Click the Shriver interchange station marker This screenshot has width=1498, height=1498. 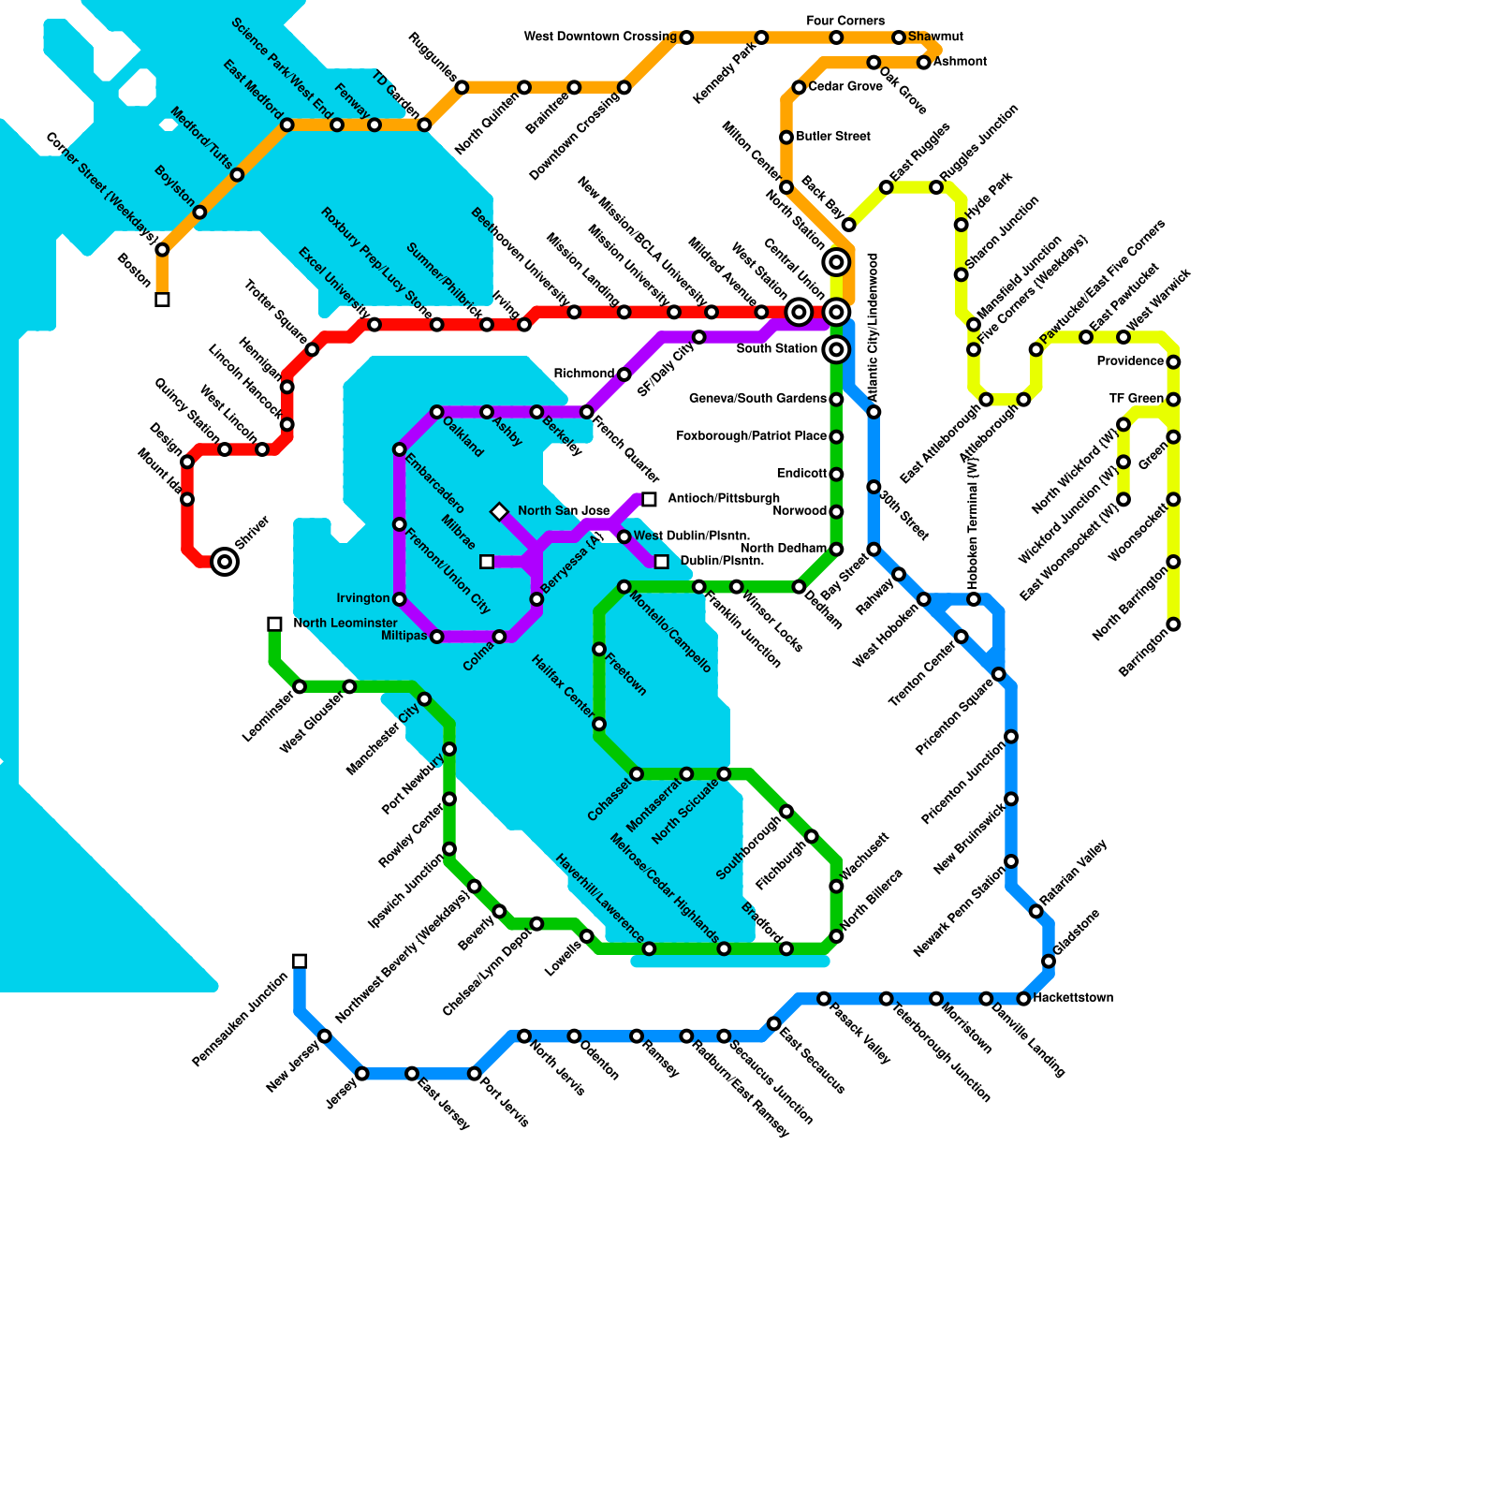coord(225,562)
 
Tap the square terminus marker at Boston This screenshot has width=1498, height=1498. coord(162,300)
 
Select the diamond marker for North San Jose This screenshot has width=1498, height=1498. coord(499,512)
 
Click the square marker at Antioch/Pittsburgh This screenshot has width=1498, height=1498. coord(649,499)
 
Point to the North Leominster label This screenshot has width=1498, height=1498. coord(345,624)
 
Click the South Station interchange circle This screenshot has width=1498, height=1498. coord(836,350)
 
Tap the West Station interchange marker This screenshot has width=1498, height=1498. coord(799,312)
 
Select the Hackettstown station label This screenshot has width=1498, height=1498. coord(1073,998)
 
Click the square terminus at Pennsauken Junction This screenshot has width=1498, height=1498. coord(300,962)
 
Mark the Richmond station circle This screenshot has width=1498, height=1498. coord(624,374)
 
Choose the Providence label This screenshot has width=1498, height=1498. coord(1130,361)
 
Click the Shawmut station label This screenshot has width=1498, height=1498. coord(935,37)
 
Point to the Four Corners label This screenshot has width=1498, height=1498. coord(844,21)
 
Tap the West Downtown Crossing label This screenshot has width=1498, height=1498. coord(600,37)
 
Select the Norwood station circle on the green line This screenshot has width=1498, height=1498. coord(836,512)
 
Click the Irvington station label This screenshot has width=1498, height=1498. coord(363,598)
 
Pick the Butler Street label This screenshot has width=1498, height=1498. coord(833,137)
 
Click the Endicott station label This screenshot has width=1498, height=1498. coord(801,474)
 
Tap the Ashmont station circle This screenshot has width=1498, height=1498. coord(924,63)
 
